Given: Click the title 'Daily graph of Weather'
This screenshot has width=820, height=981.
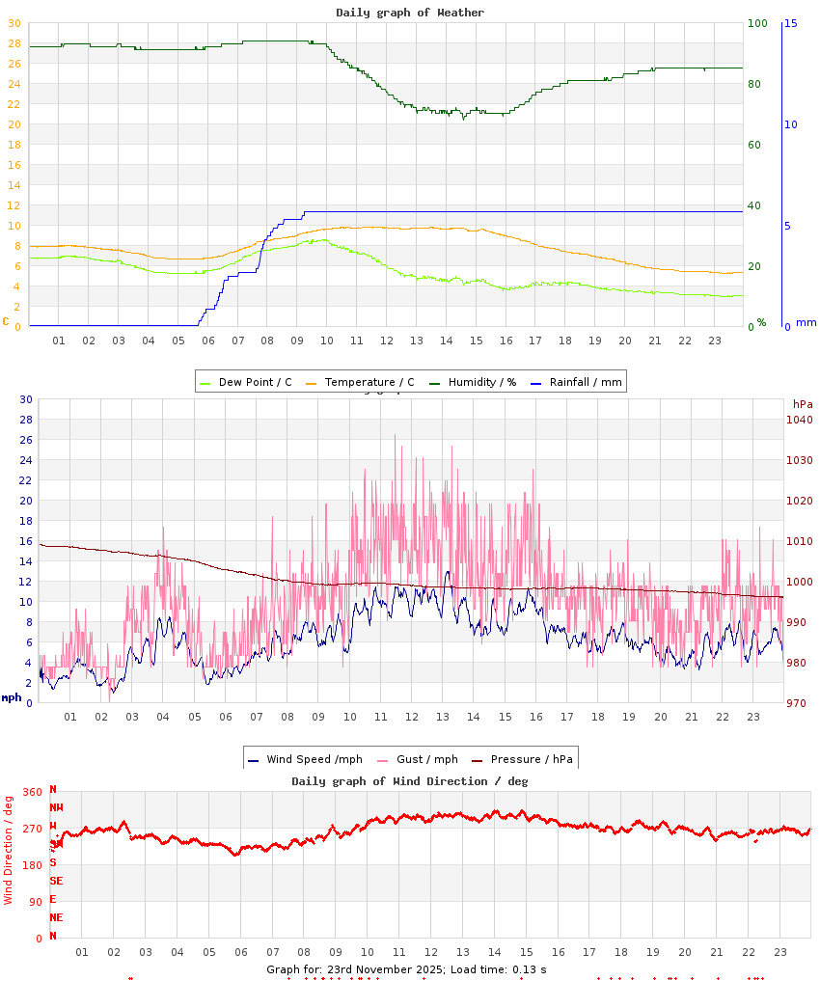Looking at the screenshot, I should [x=410, y=13].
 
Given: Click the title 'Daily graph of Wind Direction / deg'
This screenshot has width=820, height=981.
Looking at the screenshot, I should [x=410, y=781].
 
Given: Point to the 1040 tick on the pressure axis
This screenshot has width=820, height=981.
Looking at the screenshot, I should [x=800, y=420].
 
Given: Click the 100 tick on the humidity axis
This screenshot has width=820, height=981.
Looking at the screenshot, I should [x=757, y=23].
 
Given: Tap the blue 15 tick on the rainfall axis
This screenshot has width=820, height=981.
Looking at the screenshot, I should [x=790, y=23].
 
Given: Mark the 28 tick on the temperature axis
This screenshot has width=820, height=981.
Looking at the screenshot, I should [x=14, y=43].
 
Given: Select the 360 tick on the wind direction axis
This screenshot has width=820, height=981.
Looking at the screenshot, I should [x=32, y=792].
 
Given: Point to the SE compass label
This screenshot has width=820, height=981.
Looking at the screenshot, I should [x=57, y=881].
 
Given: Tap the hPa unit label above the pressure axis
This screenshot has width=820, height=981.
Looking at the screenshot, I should [x=803, y=403].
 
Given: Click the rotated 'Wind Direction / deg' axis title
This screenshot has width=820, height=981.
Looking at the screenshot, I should [x=9, y=850].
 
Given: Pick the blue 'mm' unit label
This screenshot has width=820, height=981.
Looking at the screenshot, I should [x=806, y=322].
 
